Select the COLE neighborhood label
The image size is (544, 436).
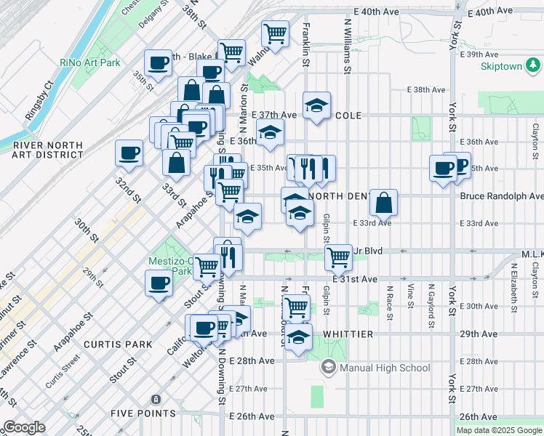pyautogui.click(x=348, y=116)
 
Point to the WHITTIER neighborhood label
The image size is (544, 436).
pyautogui.click(x=348, y=334)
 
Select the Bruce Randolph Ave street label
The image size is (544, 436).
pyautogui.click(x=501, y=196)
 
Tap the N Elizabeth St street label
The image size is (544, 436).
pyautogui.click(x=513, y=283)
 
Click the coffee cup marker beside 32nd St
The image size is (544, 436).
pyautogui.click(x=129, y=153)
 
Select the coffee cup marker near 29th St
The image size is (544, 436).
pyautogui.click(x=159, y=283)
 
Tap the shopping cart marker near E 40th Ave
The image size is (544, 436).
pyautogui.click(x=275, y=33)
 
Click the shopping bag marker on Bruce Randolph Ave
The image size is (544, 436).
pyautogui.click(x=383, y=201)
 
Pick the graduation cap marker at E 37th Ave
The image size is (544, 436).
pyautogui.click(x=316, y=105)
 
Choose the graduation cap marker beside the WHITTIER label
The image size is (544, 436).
pyautogui.click(x=297, y=337)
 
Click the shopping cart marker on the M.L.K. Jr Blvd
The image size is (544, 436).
pyautogui.click(x=338, y=256)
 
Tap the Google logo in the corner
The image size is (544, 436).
pyautogui.click(x=23, y=427)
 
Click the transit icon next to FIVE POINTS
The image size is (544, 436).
pyautogui.click(x=154, y=399)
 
